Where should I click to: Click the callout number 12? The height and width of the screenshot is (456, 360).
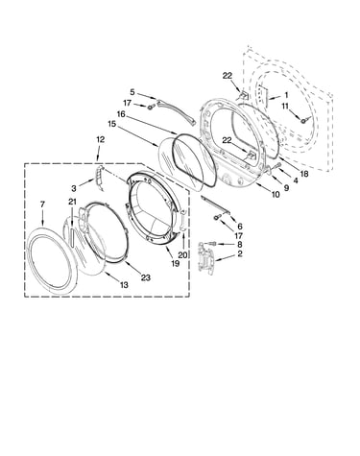[100, 139]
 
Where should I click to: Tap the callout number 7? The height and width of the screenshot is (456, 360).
[43, 204]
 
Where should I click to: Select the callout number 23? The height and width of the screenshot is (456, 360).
[146, 277]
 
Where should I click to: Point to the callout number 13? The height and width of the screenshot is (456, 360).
[124, 284]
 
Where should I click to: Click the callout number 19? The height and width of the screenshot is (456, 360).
[175, 263]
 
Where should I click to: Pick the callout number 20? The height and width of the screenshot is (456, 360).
[183, 255]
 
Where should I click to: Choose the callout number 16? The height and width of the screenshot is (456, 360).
[121, 114]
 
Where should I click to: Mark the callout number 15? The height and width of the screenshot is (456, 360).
[112, 124]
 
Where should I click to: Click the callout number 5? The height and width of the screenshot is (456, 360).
[132, 92]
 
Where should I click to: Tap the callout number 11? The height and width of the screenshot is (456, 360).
[285, 107]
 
